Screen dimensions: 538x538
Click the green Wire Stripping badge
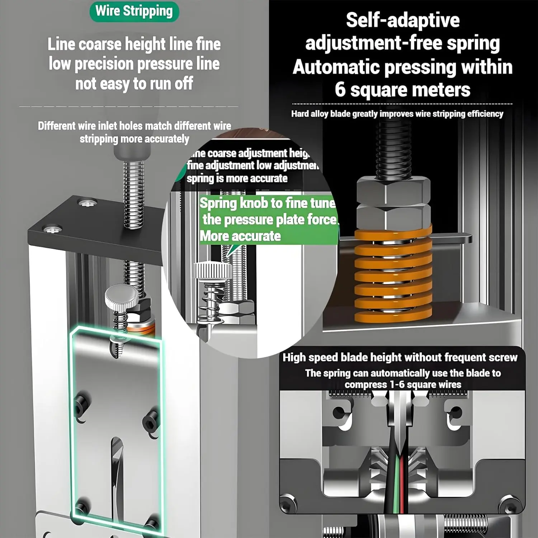point(134,11)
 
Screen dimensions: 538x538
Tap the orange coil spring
point(393,276)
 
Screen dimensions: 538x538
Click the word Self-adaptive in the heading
point(402,20)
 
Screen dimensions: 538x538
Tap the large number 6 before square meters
point(340,90)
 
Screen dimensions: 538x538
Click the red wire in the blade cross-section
point(402,481)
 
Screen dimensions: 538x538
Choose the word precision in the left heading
point(104,64)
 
